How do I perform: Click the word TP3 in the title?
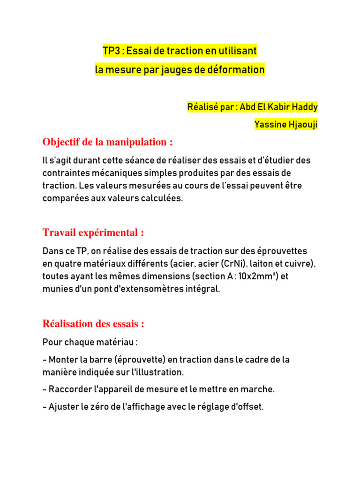click(111, 51)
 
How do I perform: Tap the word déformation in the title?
click(238, 70)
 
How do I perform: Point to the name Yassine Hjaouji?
click(286, 124)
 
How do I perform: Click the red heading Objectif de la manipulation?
click(108, 142)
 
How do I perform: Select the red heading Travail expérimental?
click(93, 233)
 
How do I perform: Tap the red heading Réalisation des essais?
click(93, 324)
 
